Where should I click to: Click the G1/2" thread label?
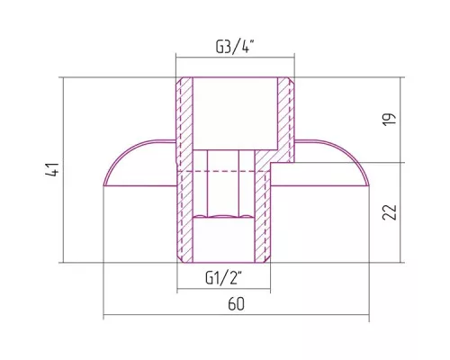(223, 278)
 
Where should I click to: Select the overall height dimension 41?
(52, 169)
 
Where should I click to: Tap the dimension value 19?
(390, 120)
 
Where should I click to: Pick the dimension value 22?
(390, 212)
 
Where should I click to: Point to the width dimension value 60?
(237, 304)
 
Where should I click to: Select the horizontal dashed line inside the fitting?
(223, 171)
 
